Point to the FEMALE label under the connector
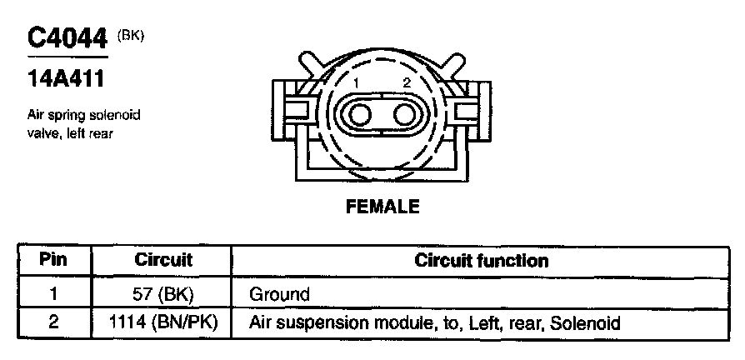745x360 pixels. click(x=382, y=205)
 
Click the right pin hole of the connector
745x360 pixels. click(x=405, y=112)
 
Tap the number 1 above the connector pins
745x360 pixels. click(x=356, y=83)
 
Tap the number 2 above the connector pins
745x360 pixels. click(x=406, y=83)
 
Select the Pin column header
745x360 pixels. click(x=52, y=259)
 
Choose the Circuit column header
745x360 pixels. click(x=163, y=259)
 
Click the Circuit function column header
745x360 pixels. click(x=481, y=260)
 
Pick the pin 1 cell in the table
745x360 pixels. click(x=52, y=293)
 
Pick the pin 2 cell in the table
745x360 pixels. click(x=52, y=322)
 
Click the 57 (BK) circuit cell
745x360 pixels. click(x=163, y=293)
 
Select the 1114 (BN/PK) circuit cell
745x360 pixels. click(x=163, y=322)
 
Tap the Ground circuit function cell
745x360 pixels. click(x=279, y=294)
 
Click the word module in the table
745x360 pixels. click(x=396, y=322)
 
